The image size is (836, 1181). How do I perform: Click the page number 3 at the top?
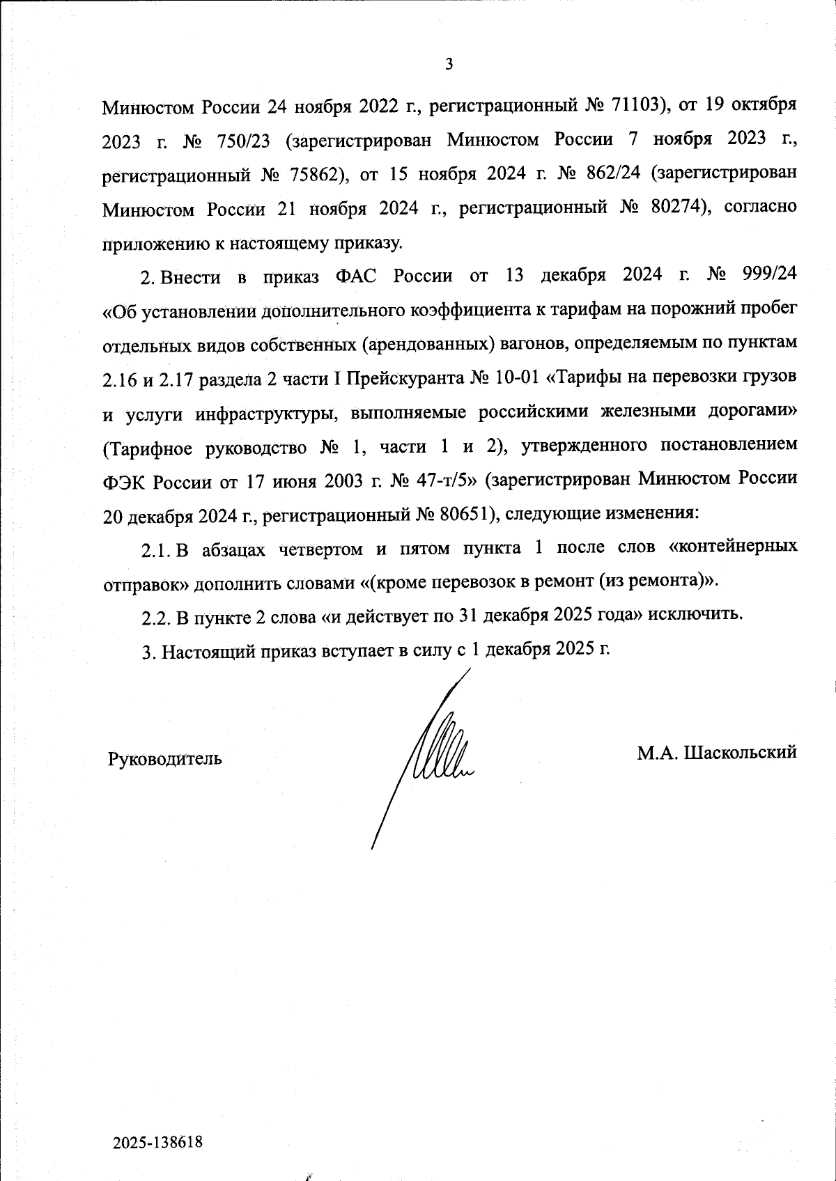(449, 65)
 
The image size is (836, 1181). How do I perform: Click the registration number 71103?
(633, 107)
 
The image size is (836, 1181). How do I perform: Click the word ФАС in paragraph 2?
(357, 276)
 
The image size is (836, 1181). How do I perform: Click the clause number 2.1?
(157, 549)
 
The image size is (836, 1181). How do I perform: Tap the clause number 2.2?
(157, 616)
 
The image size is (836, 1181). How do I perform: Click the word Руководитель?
(165, 758)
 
